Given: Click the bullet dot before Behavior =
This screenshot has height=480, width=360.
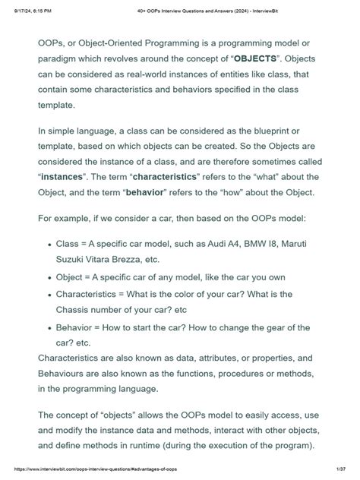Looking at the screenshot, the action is (x=49, y=328).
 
